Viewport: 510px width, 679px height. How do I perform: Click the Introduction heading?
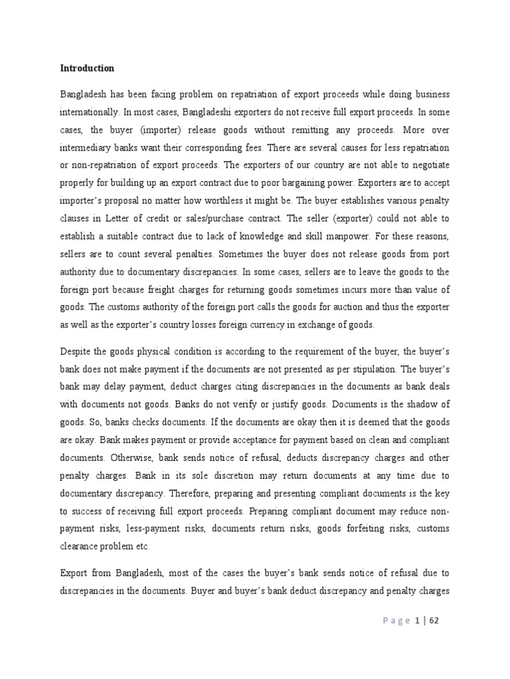pyautogui.click(x=88, y=68)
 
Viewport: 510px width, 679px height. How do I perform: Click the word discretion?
pyautogui.click(x=210, y=474)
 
